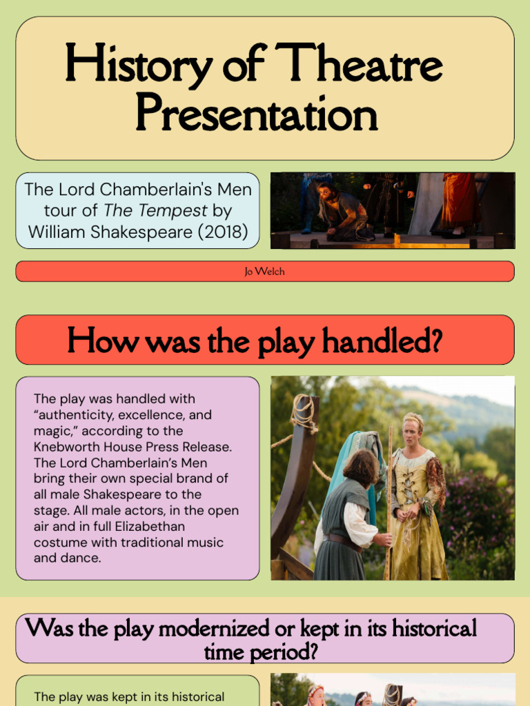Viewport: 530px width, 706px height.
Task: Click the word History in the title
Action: click(138, 66)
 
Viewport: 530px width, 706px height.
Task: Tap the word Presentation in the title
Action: click(256, 114)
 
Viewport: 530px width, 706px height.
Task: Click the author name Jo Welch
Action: click(264, 272)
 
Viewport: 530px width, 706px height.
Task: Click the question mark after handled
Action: click(435, 340)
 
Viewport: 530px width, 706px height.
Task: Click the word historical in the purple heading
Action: click(434, 629)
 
